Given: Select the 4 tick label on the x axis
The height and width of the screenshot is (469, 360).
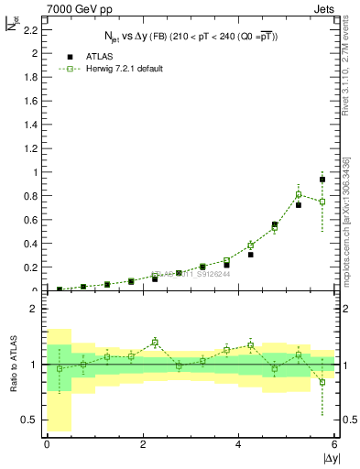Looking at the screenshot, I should (239, 444).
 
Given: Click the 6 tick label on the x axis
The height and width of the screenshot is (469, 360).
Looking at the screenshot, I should (335, 444).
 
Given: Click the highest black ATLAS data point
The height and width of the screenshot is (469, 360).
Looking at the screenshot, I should (322, 180).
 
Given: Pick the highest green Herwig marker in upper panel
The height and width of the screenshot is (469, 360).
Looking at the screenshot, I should (299, 194).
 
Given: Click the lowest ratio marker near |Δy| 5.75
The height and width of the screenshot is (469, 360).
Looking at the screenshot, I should (322, 382).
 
